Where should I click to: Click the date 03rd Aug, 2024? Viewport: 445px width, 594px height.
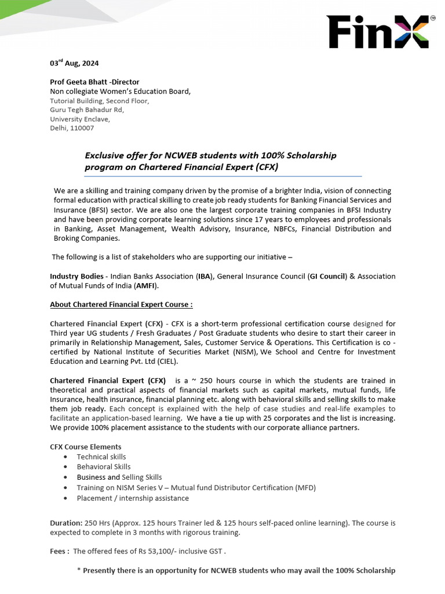pyautogui.click(x=70, y=63)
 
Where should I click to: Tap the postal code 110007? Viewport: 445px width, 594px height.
pyautogui.click(x=82, y=128)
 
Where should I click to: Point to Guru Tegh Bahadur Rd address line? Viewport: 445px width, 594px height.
pyautogui.click(x=87, y=110)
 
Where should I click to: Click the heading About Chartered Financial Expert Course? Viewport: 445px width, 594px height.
pyautogui.click(x=121, y=304)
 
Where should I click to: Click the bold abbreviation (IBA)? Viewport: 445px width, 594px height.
pyautogui.click(x=203, y=276)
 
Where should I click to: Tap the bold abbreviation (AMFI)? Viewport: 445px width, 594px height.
pyautogui.click(x=145, y=285)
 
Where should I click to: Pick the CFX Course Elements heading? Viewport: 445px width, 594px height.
pyautogui.click(x=86, y=447)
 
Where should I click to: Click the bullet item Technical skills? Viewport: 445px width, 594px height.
pyautogui.click(x=101, y=457)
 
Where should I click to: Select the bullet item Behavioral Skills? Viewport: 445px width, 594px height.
pyautogui.click(x=104, y=466)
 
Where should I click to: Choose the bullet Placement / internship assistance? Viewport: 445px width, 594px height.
pyautogui.click(x=133, y=498)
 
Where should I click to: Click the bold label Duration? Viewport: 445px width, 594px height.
pyautogui.click(x=67, y=523)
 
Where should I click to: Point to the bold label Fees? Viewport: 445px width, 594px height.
pyautogui.click(x=59, y=551)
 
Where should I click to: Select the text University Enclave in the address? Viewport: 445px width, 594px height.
pyautogui.click(x=79, y=119)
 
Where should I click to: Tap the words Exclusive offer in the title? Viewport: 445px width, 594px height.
pyautogui.click(x=114, y=155)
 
